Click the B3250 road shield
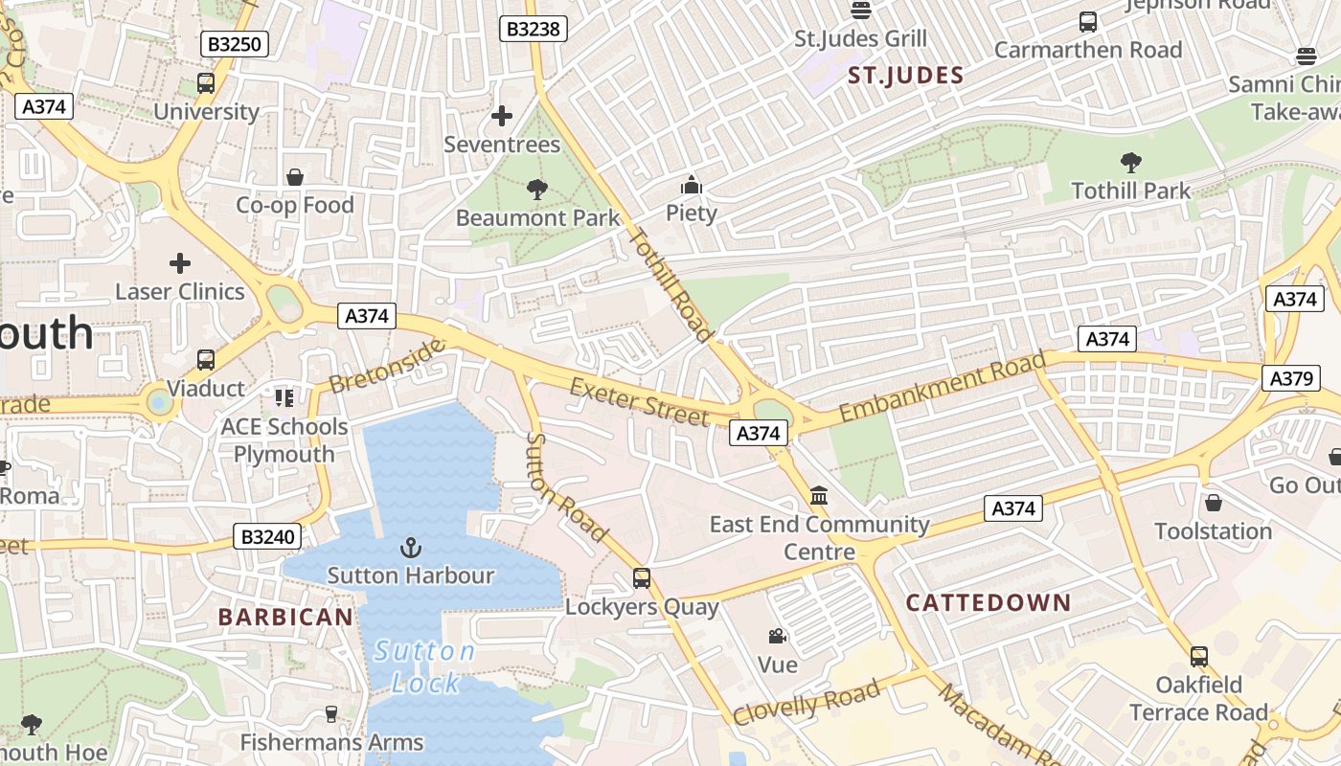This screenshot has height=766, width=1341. pos(235,43)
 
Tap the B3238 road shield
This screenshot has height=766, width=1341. pos(534,29)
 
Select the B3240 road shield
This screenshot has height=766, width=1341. pos(267,536)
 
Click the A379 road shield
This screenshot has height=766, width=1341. pos(1291,378)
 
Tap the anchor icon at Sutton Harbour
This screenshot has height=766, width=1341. pos(410,548)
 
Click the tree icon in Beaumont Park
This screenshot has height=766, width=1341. pos(537,190)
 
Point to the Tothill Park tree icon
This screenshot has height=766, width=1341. pos(1130,163)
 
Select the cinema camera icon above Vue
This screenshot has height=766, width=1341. pos(777,636)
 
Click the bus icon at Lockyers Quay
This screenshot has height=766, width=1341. pos(642,578)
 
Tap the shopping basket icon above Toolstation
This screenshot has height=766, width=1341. pos(1214,503)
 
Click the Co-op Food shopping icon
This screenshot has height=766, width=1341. pos(295,177)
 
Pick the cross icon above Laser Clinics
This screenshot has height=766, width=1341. pos(180,263)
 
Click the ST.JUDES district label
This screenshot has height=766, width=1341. pos(905,76)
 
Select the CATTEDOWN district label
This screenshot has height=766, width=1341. pos(989,603)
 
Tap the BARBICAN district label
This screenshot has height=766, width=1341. pos(286,618)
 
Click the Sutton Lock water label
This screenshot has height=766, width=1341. pos(425,667)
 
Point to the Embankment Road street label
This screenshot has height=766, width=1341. pos(943,388)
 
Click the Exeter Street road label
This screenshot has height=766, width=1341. pos(640,401)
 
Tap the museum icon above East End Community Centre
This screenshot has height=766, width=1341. pos(819,496)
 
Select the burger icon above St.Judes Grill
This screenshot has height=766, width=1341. pos(861,11)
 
